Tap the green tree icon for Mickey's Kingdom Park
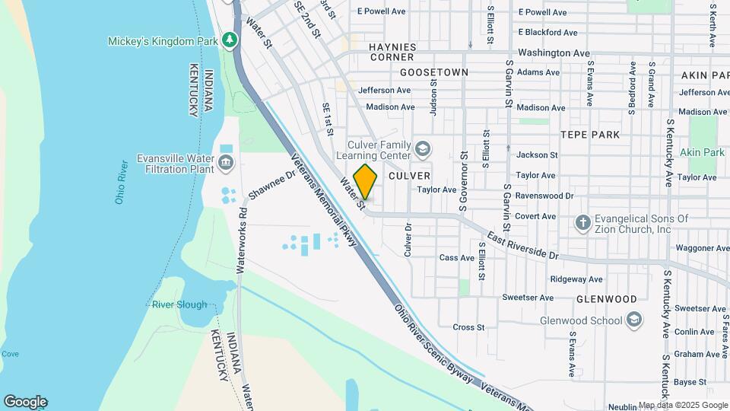click(x=229, y=40)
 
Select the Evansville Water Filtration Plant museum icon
click(x=226, y=162)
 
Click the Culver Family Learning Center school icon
click(x=422, y=147)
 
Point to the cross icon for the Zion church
click(x=582, y=223)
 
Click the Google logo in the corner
click(x=25, y=402)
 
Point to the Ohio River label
click(x=120, y=183)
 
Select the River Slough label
click(x=179, y=304)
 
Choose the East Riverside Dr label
click(x=522, y=245)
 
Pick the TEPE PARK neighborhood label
click(x=589, y=134)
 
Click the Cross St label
click(x=468, y=327)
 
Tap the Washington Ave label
click(x=554, y=53)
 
